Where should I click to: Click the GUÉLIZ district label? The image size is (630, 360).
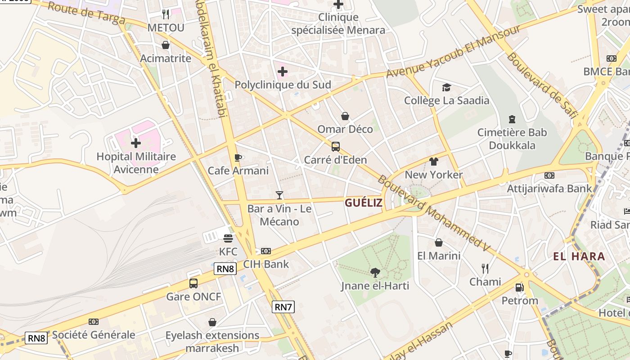click(x=364, y=203)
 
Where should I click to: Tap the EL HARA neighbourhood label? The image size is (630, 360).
click(x=579, y=256)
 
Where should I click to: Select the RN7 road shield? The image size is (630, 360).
click(x=283, y=307)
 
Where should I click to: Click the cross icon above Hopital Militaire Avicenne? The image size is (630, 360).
click(x=136, y=143)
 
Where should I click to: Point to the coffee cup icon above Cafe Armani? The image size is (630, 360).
click(x=238, y=157)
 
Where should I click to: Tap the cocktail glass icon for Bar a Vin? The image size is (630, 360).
click(x=279, y=195)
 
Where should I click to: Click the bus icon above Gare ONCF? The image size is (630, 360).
click(x=193, y=283)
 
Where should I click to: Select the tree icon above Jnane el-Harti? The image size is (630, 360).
click(x=375, y=272)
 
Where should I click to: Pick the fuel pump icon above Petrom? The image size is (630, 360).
click(x=519, y=287)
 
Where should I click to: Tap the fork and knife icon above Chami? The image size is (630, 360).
click(x=485, y=269)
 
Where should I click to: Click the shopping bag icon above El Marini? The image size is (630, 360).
click(x=439, y=243)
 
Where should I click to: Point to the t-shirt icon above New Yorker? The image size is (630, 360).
click(x=434, y=162)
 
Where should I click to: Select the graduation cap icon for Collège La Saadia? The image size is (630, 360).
click(x=446, y=87)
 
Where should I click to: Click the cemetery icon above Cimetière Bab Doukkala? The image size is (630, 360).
click(x=512, y=119)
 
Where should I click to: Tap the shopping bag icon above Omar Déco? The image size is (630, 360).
click(x=345, y=116)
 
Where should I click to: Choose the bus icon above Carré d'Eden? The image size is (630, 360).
click(x=336, y=147)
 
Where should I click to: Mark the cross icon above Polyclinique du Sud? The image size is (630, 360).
click(x=283, y=72)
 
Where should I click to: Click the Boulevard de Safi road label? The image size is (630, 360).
click(x=542, y=86)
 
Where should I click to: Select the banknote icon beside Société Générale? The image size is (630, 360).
click(x=94, y=322)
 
